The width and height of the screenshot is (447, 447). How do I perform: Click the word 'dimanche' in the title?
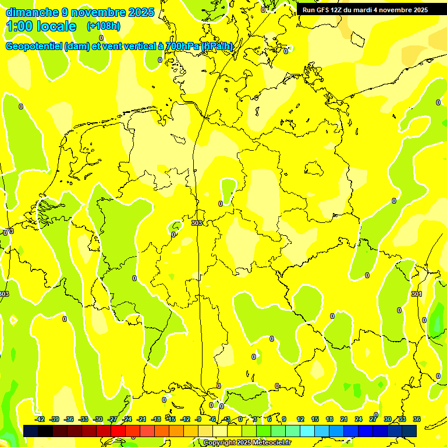coord(31,12)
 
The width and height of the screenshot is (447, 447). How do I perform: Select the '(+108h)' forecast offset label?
coord(104,26)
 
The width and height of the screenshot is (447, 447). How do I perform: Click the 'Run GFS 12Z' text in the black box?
coord(324,10)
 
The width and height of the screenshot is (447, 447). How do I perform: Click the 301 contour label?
coord(416,295)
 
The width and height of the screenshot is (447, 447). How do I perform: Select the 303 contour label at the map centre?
coord(197,223)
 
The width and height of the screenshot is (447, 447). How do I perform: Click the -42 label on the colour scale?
coord(40,419)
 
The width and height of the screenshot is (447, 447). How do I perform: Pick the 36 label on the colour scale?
coord(417,419)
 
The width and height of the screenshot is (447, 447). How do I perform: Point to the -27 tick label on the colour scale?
coord(112,419)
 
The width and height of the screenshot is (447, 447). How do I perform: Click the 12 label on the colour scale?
coord(300,419)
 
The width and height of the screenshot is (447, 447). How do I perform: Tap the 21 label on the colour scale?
coord(344,419)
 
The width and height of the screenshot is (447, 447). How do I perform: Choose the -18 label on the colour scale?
coord(156,419)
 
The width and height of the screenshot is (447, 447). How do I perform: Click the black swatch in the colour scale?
coord(31,431)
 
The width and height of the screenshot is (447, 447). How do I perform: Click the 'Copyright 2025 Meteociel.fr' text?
coord(247,442)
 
